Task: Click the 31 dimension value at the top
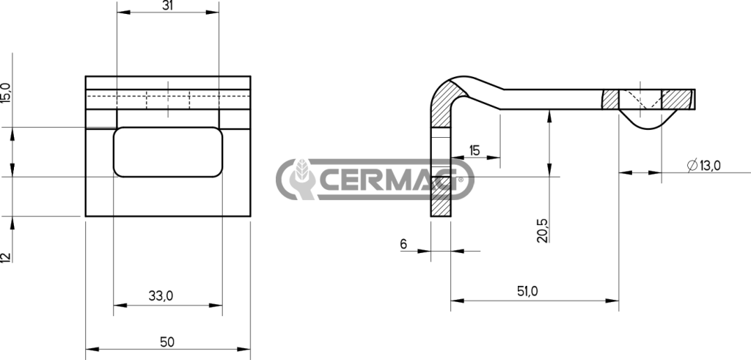pos(167,5)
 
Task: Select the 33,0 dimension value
pos(161,296)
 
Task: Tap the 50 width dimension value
pos(167,342)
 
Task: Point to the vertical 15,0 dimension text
pos(5,92)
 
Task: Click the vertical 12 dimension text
pos(5,257)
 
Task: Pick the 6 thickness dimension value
pos(403,244)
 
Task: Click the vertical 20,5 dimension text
pos(543,229)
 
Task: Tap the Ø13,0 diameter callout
pos(703,166)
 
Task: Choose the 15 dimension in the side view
pos(475,151)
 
